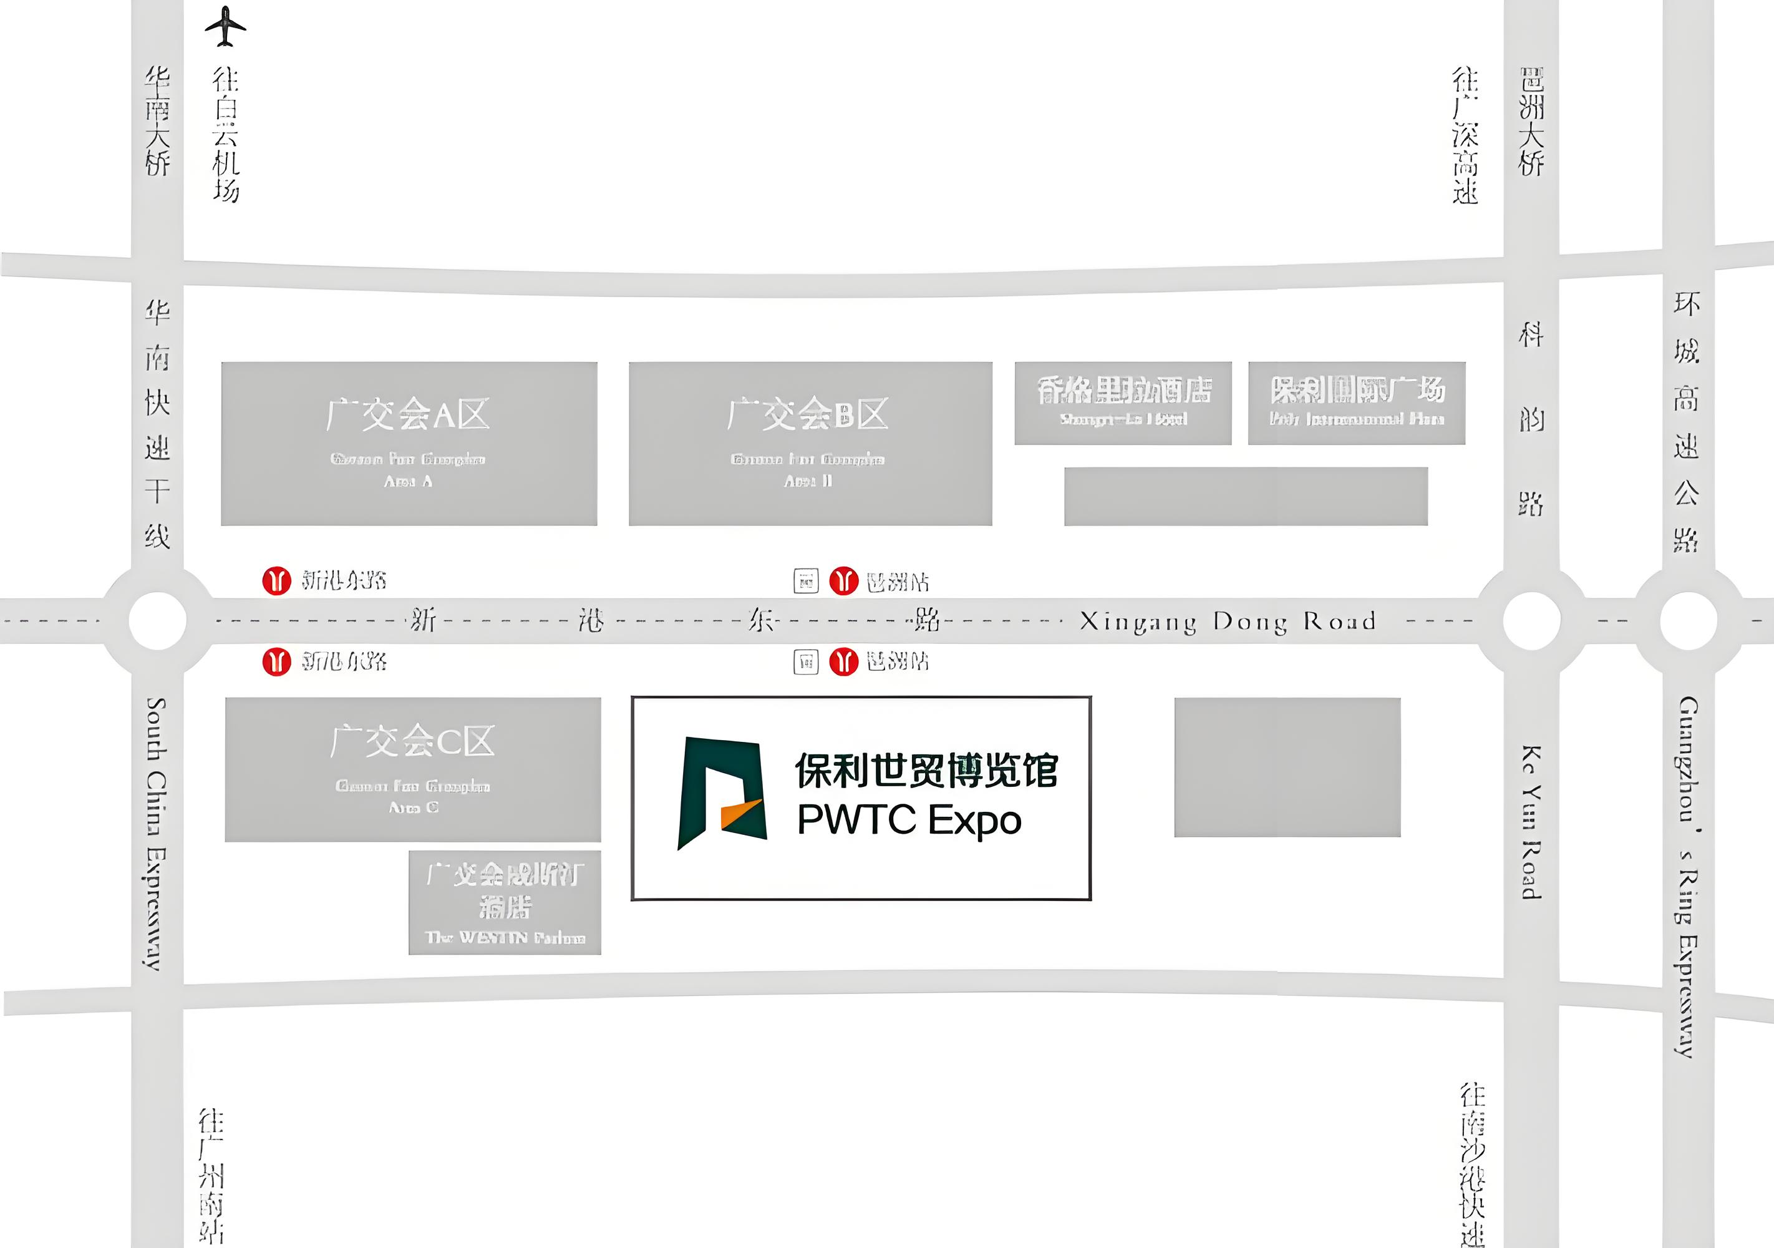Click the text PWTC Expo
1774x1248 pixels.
click(909, 821)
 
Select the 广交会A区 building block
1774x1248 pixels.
click(409, 444)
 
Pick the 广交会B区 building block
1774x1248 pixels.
click(810, 444)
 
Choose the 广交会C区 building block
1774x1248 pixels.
click(412, 769)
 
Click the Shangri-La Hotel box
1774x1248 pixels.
click(1123, 402)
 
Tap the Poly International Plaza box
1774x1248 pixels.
click(1356, 402)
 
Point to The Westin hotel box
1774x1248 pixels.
click(505, 902)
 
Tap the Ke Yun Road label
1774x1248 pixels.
click(1531, 822)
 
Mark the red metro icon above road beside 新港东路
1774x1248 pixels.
click(276, 580)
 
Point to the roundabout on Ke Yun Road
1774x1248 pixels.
click(1531, 620)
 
